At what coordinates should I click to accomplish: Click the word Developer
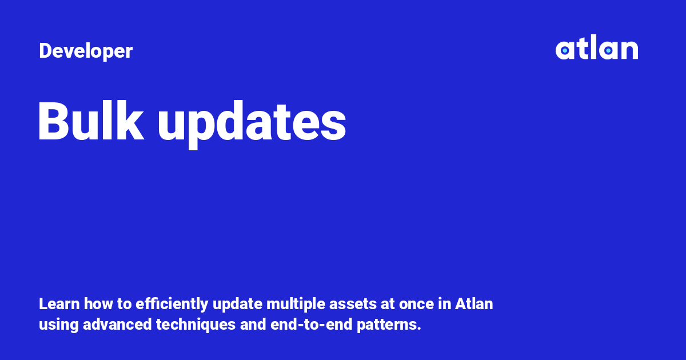point(86,51)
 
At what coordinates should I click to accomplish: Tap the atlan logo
point(596,49)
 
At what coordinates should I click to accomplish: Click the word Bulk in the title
point(90,122)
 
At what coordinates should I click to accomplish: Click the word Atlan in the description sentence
point(474,304)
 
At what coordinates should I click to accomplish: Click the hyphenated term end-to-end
point(309,325)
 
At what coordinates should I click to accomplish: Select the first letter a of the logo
point(565,51)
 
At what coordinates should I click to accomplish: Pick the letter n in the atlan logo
point(629,51)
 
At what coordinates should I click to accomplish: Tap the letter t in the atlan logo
point(583,49)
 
